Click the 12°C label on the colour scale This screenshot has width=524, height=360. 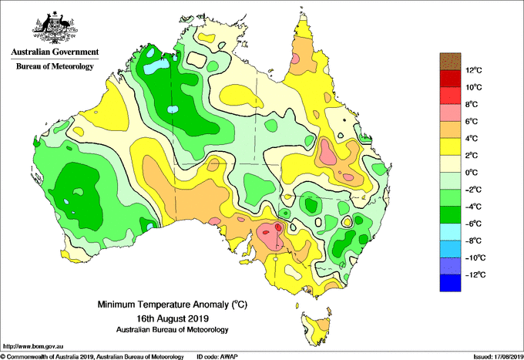coord(474,70)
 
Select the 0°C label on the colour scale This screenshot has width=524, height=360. coord(472,173)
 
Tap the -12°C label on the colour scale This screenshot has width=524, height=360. coord(475,274)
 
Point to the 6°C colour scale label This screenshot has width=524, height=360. coord(472,121)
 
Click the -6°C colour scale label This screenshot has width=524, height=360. coord(473,224)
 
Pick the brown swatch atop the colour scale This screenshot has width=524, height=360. coord(450,61)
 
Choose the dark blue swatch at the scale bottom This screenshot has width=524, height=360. coord(450,283)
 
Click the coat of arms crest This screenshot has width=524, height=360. coord(55,28)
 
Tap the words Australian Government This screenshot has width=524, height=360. coord(55,52)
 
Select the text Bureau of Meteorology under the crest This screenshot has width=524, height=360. coord(55,66)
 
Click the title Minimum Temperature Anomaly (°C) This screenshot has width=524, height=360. coord(172,304)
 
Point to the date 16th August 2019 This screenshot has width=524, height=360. coord(173,318)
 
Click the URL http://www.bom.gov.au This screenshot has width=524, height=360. coord(32,346)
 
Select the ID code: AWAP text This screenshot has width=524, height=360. coord(217,357)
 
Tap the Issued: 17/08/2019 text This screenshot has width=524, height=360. coord(499,357)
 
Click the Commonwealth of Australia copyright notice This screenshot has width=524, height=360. coord(92,357)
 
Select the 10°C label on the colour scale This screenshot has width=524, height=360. coord(474,87)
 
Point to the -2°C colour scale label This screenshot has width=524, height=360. coord(473,190)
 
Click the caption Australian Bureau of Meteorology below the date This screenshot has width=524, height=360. coord(172,330)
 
